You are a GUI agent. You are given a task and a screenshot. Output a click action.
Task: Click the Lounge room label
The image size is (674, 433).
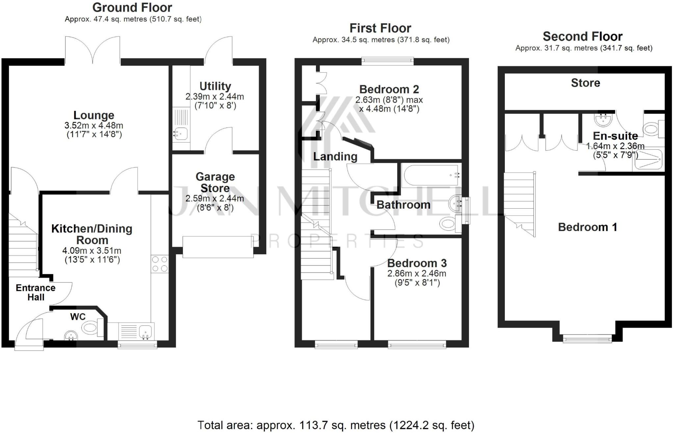[94, 115]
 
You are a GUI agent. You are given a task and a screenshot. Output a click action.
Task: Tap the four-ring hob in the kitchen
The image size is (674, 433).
[160, 264]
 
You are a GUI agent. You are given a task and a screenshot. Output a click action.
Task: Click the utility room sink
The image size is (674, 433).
[180, 134]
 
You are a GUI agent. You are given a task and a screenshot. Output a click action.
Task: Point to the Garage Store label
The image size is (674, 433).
[215, 182]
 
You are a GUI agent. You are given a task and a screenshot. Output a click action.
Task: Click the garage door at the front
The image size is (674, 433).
[218, 247]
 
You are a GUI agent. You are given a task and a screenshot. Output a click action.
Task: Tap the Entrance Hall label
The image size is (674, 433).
[36, 293]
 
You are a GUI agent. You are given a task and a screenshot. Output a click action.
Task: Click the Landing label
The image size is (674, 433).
[335, 157]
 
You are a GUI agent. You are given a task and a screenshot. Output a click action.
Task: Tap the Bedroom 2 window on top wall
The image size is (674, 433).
[387, 60]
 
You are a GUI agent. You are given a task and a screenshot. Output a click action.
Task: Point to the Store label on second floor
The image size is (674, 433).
[585, 83]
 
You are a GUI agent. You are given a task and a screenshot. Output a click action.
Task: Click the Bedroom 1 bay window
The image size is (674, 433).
[587, 339]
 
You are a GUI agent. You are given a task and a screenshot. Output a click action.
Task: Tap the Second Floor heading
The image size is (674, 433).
[582, 36]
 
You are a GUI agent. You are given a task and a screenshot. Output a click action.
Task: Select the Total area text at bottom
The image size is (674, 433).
[336, 425]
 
